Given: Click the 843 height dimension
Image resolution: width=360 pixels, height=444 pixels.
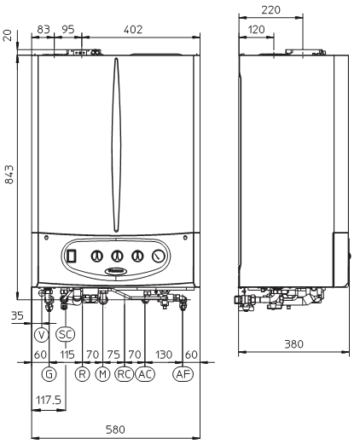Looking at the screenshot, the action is tap(9, 175).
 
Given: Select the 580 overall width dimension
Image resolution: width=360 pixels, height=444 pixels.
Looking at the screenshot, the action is tap(115, 430).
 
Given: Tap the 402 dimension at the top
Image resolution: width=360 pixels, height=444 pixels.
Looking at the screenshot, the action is tap(133, 30).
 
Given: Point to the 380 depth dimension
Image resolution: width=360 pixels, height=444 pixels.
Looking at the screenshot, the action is tap(294, 344).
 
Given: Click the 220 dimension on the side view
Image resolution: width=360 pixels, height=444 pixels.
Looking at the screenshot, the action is tap(270, 10).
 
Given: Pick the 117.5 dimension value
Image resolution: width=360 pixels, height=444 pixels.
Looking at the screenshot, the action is tap(49, 401).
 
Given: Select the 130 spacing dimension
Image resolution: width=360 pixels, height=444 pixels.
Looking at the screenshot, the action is tap(164, 355).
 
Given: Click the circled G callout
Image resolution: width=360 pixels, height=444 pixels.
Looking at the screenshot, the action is tap(49, 374).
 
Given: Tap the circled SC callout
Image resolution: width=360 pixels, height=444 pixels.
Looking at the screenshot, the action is tap(66, 334).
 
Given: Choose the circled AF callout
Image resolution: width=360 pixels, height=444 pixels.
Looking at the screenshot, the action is tap(183, 374).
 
